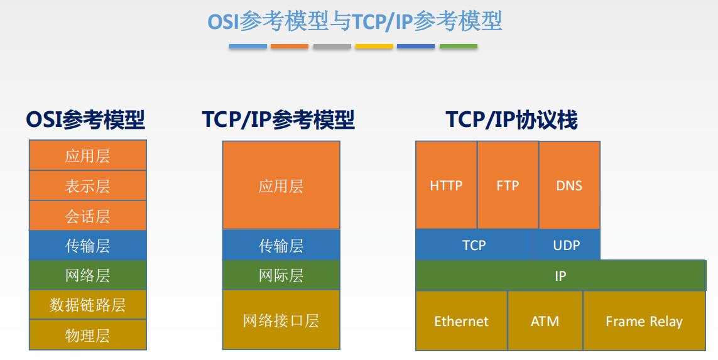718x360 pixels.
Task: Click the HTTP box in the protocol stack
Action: click(446, 185)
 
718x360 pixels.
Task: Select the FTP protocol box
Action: click(508, 185)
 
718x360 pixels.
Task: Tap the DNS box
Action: click(569, 185)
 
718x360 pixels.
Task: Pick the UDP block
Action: click(567, 245)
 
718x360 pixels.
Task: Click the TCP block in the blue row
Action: click(474, 245)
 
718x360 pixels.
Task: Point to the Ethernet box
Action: click(461, 321)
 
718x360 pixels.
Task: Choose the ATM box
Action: click(545, 321)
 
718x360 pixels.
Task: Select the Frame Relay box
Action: click(644, 321)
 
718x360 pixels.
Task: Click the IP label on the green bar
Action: click(560, 276)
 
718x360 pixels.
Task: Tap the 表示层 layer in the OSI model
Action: click(87, 186)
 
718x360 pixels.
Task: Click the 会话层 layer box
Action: click(87, 216)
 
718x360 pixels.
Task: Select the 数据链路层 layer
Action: click(87, 305)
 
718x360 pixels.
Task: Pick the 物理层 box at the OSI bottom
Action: click(87, 335)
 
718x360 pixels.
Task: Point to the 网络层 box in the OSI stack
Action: click(87, 275)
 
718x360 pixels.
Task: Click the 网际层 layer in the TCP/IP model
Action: click(281, 275)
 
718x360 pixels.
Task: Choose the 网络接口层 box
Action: click(281, 320)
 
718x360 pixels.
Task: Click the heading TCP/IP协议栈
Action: click(511, 119)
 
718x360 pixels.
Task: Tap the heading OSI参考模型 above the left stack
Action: click(85, 119)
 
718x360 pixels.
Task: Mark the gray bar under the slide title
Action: click(332, 46)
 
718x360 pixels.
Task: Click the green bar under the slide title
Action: click(458, 46)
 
